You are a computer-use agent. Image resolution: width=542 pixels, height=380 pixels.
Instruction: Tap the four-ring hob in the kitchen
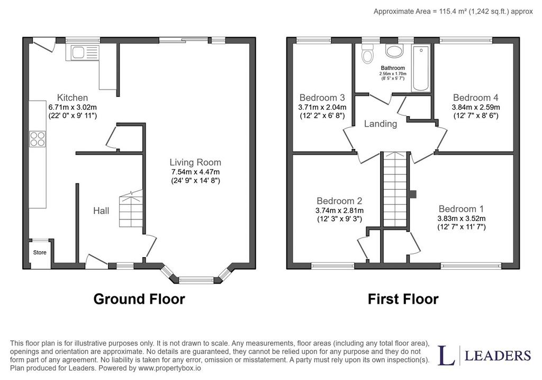[x=38, y=139]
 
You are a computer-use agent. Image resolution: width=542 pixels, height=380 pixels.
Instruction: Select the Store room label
[x=40, y=252]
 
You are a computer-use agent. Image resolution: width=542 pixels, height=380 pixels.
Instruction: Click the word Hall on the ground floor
[x=101, y=210]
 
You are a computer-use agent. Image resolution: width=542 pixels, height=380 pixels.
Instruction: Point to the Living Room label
[x=195, y=162]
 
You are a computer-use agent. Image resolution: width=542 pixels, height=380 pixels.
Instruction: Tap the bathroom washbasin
[x=394, y=51]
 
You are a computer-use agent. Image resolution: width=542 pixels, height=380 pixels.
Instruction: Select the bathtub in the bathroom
[x=421, y=68]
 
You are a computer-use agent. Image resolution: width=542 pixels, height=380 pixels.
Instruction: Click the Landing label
[x=381, y=123]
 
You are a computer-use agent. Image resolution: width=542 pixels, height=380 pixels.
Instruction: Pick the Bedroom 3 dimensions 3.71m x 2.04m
[x=322, y=107]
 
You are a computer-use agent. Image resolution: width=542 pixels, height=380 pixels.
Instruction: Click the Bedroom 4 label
[x=476, y=98]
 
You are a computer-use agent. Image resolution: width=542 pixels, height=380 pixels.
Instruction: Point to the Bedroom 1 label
[x=461, y=209]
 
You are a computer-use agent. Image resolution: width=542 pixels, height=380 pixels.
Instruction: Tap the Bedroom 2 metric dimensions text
[x=339, y=210]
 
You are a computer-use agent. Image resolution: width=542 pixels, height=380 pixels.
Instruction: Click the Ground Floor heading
[x=139, y=299]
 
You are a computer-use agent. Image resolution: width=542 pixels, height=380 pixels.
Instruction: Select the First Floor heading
[x=403, y=299]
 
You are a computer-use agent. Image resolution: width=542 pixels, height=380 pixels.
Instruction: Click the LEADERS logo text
[x=498, y=356]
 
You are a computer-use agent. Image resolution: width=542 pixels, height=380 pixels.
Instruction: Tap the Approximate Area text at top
[x=453, y=12]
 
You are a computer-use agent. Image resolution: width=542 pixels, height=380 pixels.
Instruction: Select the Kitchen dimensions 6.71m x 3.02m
[x=73, y=107]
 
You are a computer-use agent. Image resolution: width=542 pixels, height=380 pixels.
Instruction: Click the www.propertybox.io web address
[x=169, y=368]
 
